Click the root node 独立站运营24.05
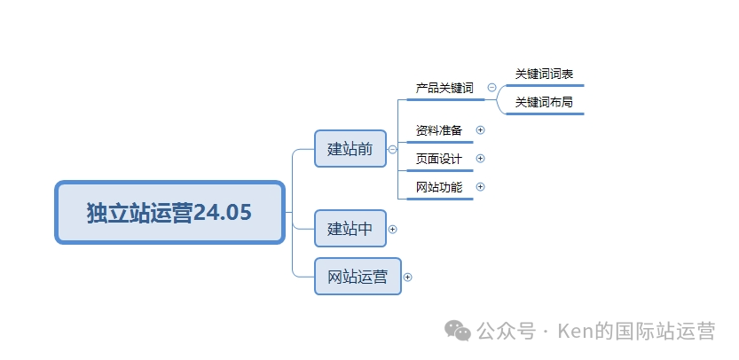(x=169, y=212)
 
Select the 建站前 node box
(x=350, y=148)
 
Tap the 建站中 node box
(x=350, y=229)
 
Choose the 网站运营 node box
(x=358, y=277)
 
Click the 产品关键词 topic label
(x=444, y=88)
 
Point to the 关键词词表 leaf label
(x=544, y=74)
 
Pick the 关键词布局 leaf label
(x=544, y=102)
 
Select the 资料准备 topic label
(x=439, y=130)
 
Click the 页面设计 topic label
(x=439, y=159)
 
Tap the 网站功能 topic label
(x=439, y=187)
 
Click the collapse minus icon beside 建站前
(x=392, y=149)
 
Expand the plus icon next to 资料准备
(x=481, y=129)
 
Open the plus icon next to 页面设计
(x=481, y=158)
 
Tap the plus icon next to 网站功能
(x=481, y=186)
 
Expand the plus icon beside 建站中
(x=393, y=229)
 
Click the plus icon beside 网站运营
(x=408, y=277)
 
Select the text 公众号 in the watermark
(x=506, y=332)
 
